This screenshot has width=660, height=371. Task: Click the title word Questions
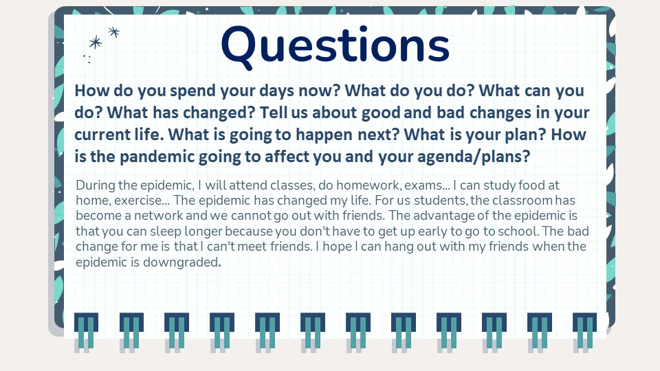point(335,46)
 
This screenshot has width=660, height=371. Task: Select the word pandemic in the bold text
point(157,157)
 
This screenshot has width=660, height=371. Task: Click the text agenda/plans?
point(474,157)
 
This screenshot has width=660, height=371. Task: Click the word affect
point(287,156)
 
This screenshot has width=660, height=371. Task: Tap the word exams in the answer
point(423,185)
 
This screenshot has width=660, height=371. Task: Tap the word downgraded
point(181,262)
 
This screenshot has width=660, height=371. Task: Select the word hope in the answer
point(336,247)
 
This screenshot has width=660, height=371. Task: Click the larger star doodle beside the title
point(96,42)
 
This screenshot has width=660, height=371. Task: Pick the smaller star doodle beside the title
point(113,32)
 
